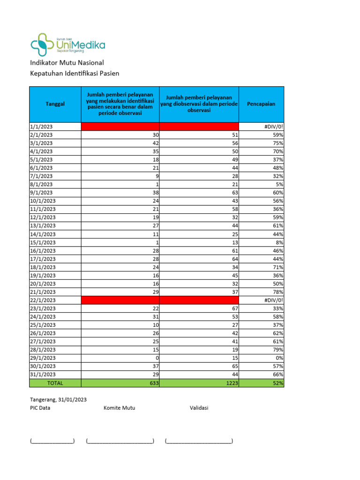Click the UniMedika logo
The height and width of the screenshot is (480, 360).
click(68, 45)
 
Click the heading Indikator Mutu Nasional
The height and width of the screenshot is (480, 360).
click(67, 63)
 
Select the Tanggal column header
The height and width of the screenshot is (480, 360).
click(55, 104)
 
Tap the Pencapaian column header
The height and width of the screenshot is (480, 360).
click(261, 104)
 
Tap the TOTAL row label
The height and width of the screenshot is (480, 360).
click(55, 383)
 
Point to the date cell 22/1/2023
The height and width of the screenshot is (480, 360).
click(43, 300)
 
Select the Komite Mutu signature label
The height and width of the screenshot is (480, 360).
click(120, 408)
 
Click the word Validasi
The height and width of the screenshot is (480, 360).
click(199, 408)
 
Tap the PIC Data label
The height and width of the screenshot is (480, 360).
click(40, 408)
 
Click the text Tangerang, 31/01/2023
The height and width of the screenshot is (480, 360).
click(59, 399)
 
